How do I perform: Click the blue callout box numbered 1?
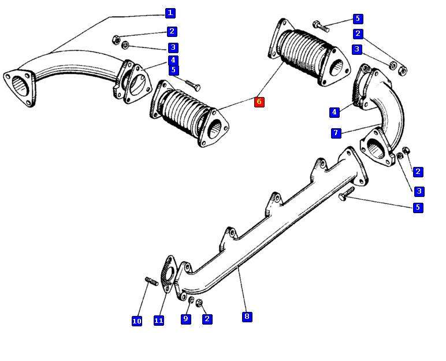(170, 13)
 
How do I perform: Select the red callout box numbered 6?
(259, 102)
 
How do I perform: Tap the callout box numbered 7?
(336, 133)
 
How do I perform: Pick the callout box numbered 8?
(247, 316)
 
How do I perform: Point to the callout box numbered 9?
(186, 318)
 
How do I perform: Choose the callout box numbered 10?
(137, 321)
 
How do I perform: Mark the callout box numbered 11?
(159, 320)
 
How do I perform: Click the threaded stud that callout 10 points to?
(151, 281)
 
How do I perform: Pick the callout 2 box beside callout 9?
(207, 318)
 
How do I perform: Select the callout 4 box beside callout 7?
(335, 112)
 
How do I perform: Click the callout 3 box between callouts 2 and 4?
(173, 47)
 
